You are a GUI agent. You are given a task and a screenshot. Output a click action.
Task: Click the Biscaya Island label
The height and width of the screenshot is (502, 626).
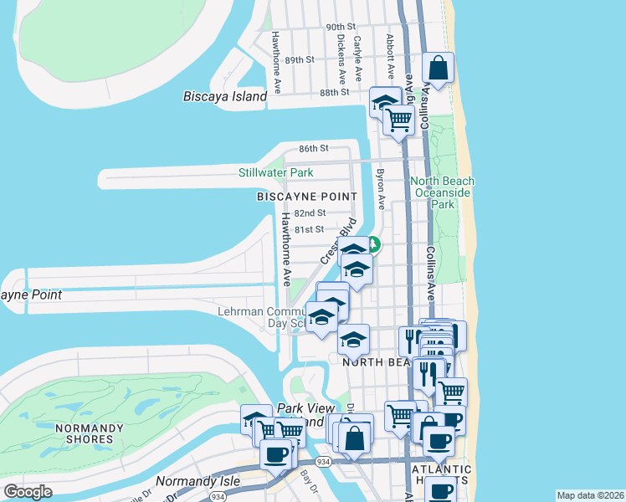pos(224,96)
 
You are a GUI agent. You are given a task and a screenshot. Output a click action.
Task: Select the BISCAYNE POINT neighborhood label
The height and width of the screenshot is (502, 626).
pos(306,197)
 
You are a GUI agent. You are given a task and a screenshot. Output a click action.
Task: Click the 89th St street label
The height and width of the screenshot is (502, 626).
pos(299,60)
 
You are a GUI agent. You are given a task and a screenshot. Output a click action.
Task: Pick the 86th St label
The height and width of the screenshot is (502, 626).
pos(313,148)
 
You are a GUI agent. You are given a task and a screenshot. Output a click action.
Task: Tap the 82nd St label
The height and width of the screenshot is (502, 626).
pos(309,213)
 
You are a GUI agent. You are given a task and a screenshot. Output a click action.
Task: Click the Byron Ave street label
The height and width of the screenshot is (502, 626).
pos(380,189)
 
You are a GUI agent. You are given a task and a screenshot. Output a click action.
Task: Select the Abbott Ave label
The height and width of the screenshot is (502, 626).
pos(390,53)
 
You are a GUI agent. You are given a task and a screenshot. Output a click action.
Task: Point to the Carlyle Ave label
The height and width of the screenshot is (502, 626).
pos(358,57)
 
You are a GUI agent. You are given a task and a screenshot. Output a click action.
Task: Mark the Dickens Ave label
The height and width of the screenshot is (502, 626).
pos(341,55)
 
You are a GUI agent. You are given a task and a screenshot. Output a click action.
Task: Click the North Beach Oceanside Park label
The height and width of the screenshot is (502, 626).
pos(443,192)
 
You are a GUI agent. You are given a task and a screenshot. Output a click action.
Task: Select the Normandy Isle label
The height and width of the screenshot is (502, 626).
pos(198,482)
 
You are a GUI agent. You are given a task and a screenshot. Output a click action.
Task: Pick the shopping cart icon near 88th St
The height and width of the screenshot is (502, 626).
pos(399,120)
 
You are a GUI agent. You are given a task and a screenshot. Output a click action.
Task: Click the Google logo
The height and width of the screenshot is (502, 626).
pos(28,492)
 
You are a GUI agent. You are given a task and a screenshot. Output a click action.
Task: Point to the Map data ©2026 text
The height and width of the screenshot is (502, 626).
pos(590,495)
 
